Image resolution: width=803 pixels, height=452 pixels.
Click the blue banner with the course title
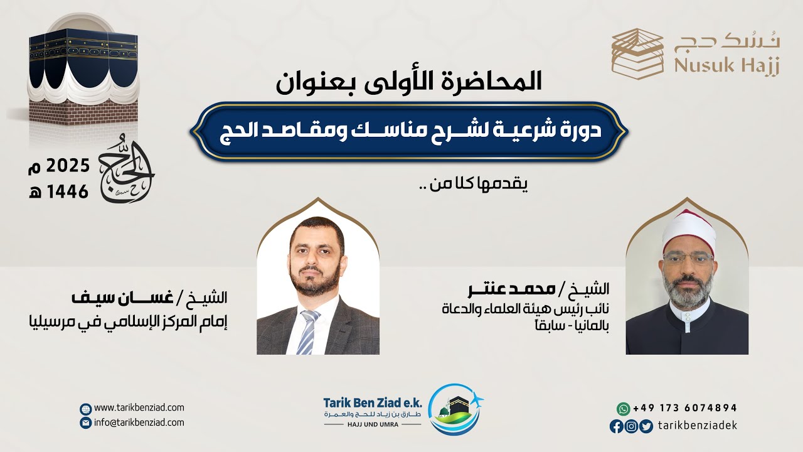point(408,132)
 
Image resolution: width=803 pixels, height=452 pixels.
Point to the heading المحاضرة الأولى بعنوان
point(408,83)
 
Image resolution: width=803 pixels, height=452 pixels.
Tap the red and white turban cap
point(688,227)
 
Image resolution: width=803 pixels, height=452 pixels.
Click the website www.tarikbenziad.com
point(139,408)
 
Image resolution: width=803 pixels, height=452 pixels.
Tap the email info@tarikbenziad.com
point(139,422)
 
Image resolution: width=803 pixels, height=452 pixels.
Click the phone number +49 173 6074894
point(685,408)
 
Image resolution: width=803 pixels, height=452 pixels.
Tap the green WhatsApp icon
point(622,408)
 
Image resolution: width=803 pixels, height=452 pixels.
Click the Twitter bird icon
point(646,426)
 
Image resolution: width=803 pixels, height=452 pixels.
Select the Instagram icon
point(631,426)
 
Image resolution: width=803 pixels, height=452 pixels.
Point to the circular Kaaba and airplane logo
point(455,408)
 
